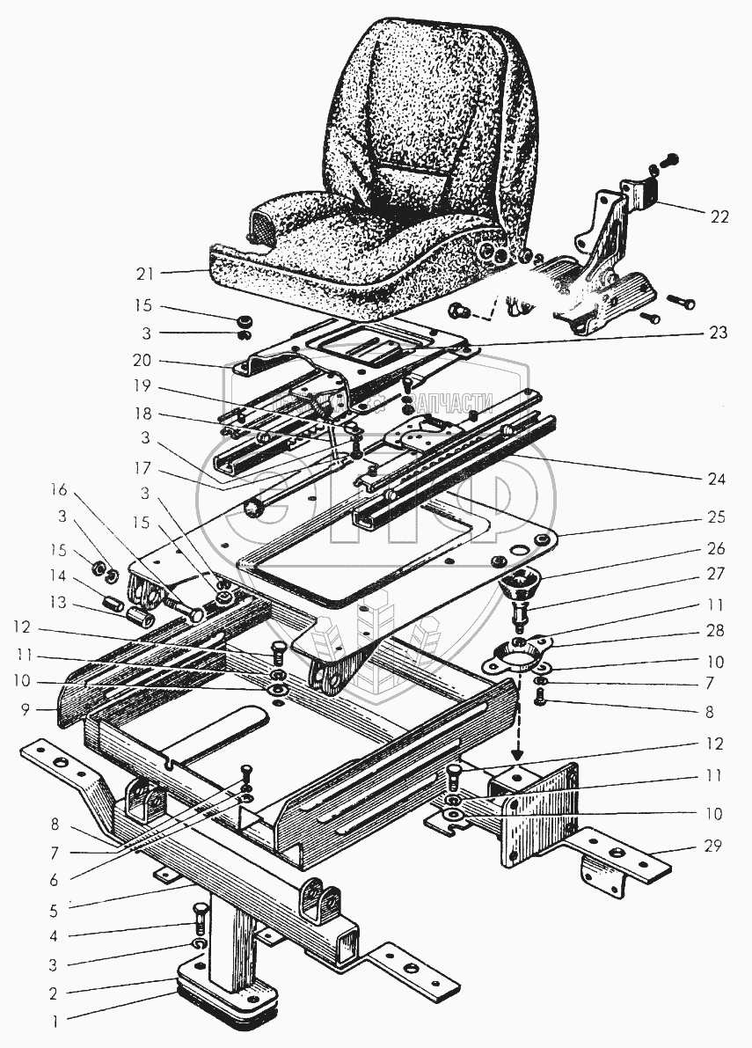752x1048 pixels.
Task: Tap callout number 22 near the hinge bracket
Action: (719, 217)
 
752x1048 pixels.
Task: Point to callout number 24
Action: (719, 480)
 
